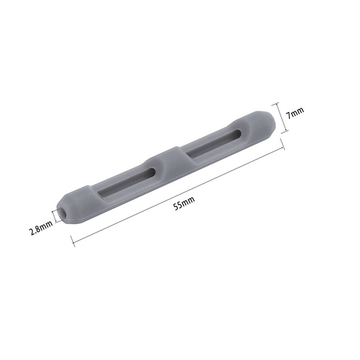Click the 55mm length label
click(x=184, y=203)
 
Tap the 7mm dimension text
click(x=296, y=112)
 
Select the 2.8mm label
click(x=40, y=228)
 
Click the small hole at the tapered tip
click(x=62, y=213)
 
